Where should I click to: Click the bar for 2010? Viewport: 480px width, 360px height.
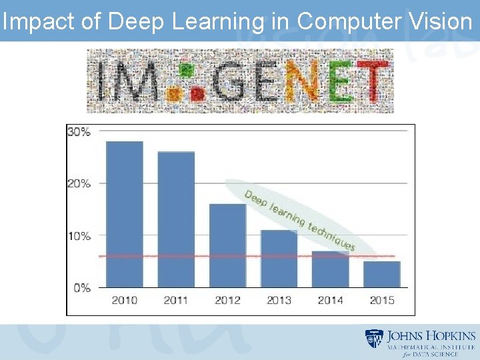click(125, 215)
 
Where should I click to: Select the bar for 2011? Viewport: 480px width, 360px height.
click(176, 220)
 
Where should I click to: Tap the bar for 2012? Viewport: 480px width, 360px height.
click(227, 246)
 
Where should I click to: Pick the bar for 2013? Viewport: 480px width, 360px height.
click(279, 259)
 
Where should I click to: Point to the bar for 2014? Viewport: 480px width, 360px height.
click(330, 269)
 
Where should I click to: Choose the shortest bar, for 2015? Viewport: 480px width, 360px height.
click(381, 275)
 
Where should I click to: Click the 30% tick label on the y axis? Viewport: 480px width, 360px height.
click(79, 132)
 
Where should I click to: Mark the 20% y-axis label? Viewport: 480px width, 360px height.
click(79, 184)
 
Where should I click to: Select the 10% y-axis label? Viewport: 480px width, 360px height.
click(79, 236)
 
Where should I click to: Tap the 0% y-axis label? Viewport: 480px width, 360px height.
click(82, 288)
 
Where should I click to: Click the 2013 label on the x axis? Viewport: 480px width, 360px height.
click(279, 300)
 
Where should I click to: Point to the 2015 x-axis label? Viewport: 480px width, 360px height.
click(381, 300)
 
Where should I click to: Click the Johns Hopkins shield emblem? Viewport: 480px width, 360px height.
click(374, 339)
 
